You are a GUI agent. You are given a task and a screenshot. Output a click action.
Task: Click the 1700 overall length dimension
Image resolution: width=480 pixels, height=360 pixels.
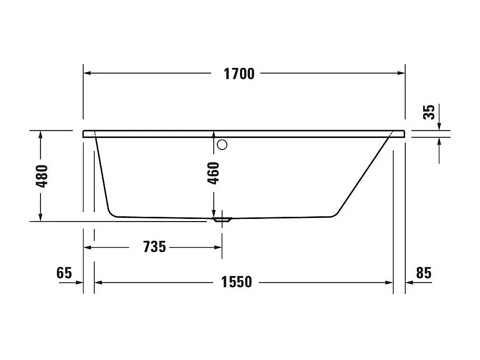pos(239,74)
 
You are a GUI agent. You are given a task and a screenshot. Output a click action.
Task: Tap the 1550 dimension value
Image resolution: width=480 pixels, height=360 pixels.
pos(237,283)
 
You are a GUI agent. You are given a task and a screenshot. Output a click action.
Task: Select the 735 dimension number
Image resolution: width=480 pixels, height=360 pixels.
pos(154,246)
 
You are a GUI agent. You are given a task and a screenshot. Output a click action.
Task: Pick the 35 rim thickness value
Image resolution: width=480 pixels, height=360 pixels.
pos(430,112)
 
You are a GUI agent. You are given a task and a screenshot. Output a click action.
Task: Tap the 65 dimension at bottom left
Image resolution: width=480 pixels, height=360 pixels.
pos(64,273)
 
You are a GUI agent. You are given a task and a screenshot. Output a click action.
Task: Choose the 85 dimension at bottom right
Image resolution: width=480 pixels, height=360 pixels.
pos(423,273)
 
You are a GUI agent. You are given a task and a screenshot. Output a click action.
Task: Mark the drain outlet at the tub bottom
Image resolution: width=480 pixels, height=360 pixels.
pos(222,218)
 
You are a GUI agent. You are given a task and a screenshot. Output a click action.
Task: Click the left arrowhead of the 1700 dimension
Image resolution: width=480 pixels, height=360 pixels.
pos(88,73)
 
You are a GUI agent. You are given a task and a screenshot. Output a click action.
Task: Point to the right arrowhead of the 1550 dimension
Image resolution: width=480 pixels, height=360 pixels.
pos(389,283)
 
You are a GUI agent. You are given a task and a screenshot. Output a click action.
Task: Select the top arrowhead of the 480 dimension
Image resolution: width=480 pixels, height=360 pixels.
pos(41,135)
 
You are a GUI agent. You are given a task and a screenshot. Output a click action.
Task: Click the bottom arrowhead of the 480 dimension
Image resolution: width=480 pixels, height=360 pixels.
pos(41,217)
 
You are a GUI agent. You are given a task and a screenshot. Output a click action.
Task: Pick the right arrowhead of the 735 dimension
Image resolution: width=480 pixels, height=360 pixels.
pos(217,246)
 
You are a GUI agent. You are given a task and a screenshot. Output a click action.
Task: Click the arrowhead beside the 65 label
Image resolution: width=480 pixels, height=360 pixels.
pos(79,283)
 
